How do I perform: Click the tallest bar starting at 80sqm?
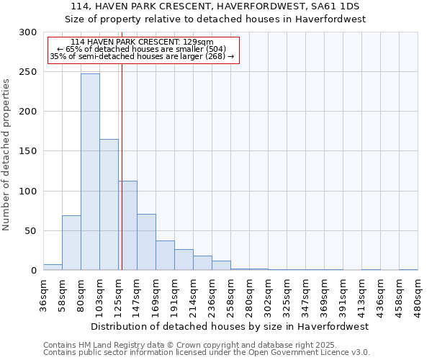pyautogui.click(x=90, y=172)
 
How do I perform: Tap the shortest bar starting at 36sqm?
pyautogui.click(x=53, y=267)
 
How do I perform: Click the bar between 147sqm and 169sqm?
pyautogui.click(x=146, y=242)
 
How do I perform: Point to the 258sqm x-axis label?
pyautogui.click(x=230, y=295)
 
